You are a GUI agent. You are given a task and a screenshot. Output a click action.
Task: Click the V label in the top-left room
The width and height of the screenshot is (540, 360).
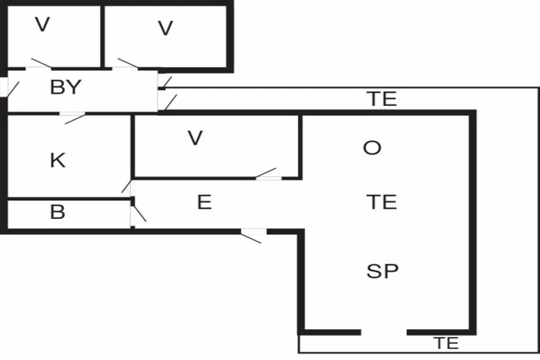[42, 25]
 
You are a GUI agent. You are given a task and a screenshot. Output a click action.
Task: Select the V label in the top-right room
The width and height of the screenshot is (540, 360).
[166, 28]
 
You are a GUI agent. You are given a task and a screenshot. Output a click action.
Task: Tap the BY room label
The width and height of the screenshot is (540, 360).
[66, 88]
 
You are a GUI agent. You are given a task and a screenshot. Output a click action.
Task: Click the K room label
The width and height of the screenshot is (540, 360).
[58, 160]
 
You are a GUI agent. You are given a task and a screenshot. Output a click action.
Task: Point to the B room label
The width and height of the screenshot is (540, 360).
[58, 212]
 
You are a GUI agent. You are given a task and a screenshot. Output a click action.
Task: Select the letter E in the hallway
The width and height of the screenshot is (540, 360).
[204, 202]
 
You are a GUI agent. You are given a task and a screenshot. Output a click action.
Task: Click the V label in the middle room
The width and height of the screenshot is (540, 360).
[194, 138]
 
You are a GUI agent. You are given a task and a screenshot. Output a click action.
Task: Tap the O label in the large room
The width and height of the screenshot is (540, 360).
[372, 148]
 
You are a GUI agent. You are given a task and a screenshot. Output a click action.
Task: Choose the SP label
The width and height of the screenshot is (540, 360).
[382, 271]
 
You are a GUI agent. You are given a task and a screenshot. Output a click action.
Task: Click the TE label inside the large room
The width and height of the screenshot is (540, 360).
[382, 202]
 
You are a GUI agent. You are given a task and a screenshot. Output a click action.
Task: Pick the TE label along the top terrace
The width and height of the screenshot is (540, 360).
[382, 99]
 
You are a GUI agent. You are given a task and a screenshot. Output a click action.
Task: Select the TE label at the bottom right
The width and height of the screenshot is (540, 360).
[446, 343]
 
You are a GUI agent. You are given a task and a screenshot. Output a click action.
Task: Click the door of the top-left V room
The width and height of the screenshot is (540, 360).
[40, 66]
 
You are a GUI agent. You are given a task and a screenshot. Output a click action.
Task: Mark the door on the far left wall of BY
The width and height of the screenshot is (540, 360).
[5, 87]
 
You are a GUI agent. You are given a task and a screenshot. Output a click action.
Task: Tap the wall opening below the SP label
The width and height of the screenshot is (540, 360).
[383, 332]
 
